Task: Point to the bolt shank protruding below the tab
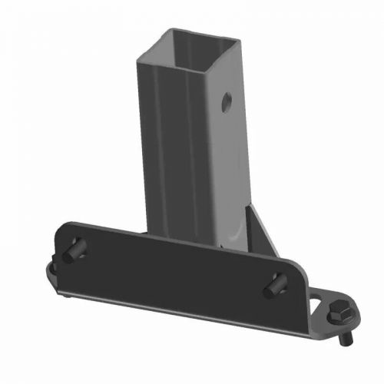348,339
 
